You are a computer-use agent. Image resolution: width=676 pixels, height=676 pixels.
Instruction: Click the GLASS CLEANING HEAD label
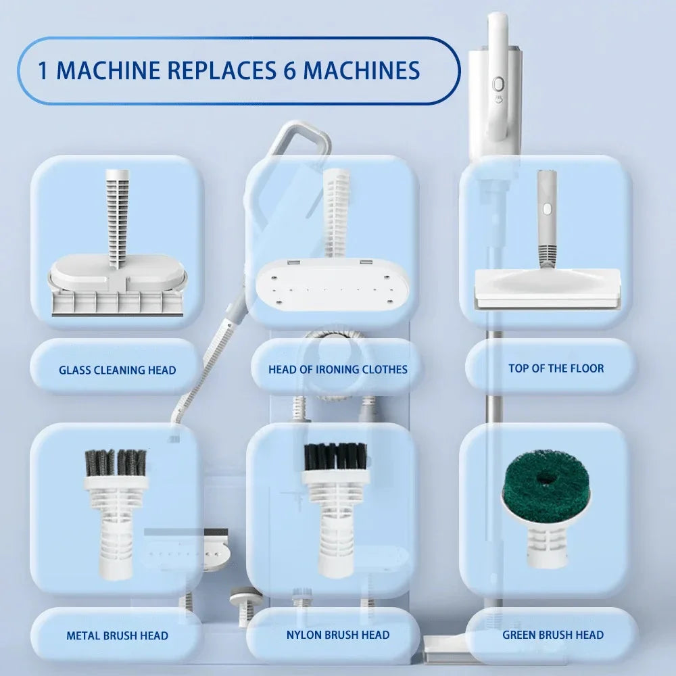click(x=117, y=370)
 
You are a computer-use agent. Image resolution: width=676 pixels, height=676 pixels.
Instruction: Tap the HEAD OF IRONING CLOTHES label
click(x=337, y=369)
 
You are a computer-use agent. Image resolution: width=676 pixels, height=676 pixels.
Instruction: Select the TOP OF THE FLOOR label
click(x=556, y=368)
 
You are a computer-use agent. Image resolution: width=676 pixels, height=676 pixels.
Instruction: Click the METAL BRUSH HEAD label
click(x=117, y=635)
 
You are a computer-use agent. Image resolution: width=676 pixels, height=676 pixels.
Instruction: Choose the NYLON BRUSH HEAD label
click(x=337, y=635)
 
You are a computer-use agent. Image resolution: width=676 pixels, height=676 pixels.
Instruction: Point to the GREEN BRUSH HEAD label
click(x=552, y=635)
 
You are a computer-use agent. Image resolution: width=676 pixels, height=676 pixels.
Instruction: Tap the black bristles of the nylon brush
click(x=335, y=456)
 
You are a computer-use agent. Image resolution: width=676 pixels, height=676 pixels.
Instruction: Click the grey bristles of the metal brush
click(x=115, y=462)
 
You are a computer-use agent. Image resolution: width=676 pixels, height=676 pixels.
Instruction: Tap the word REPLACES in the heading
click(x=219, y=71)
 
